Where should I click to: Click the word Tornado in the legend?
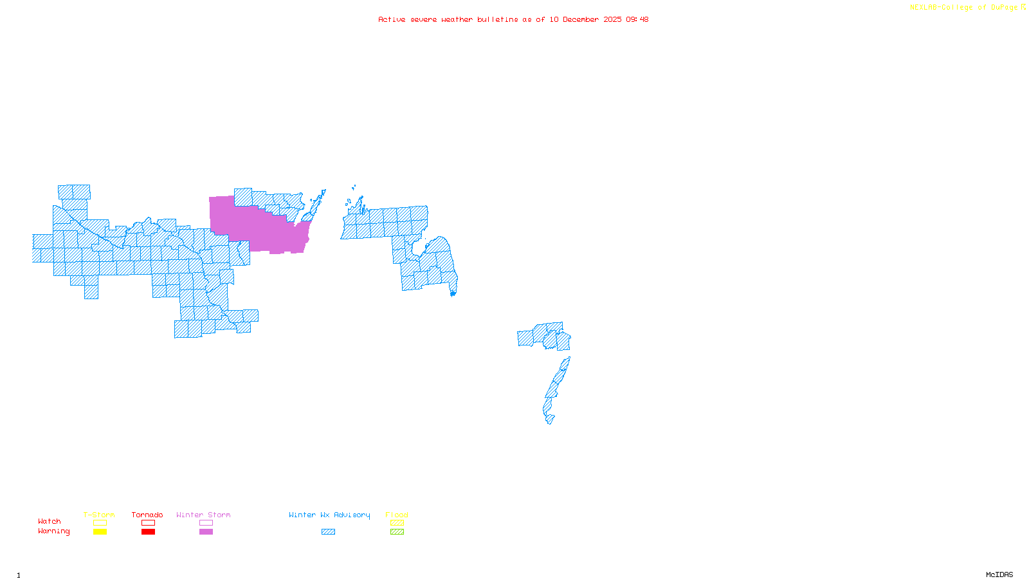[147, 515]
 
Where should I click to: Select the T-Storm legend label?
[99, 515]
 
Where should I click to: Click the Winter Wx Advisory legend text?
[329, 515]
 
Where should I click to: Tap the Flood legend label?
[397, 515]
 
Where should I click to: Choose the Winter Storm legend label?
[203, 515]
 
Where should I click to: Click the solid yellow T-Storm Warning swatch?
[100, 532]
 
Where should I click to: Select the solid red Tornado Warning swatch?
[148, 532]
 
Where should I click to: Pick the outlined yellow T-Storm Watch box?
[100, 523]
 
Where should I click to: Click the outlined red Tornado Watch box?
[148, 523]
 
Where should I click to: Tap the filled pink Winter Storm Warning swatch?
[206, 532]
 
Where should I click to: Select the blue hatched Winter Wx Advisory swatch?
[328, 532]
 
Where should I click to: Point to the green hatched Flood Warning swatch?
[397, 532]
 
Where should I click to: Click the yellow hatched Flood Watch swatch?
[397, 523]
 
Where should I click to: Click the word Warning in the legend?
[53, 531]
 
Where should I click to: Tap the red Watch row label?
[50, 521]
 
